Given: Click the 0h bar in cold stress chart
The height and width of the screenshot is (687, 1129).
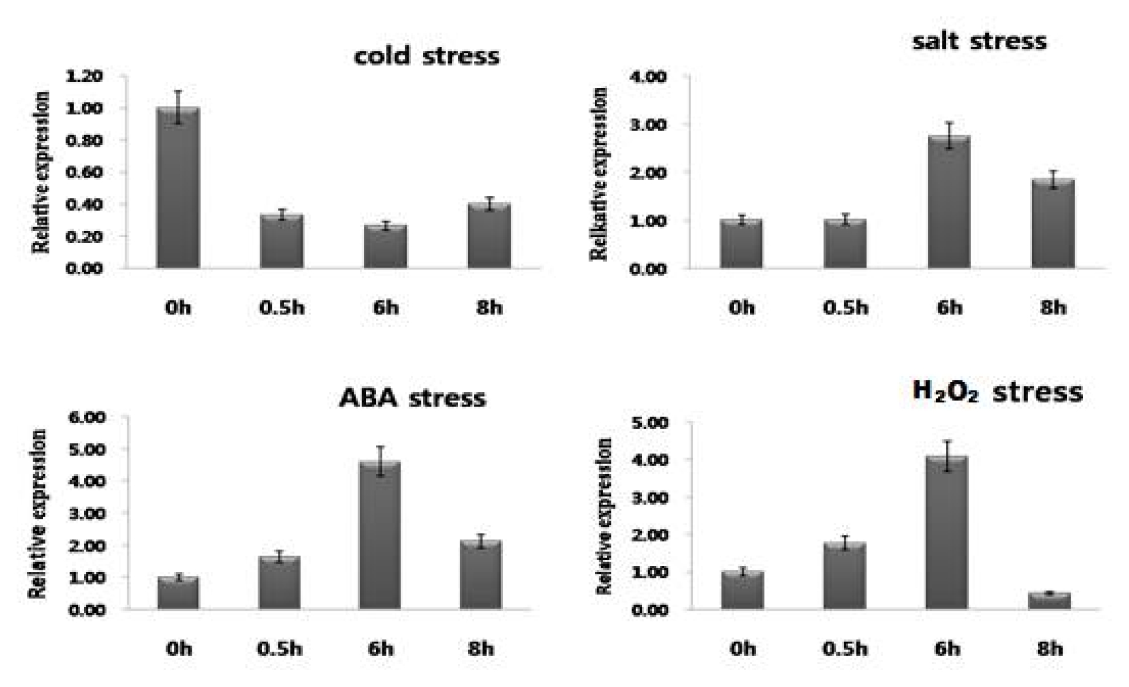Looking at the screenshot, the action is pyautogui.click(x=178, y=188).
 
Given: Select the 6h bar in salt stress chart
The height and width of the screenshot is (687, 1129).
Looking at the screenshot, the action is pyautogui.click(x=949, y=202).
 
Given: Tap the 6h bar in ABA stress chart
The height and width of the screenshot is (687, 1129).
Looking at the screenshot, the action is pyautogui.click(x=380, y=535).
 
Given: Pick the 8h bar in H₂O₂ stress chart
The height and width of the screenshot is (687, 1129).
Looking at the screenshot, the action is pyautogui.click(x=1049, y=601).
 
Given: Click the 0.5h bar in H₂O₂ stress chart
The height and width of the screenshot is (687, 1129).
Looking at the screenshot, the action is pyautogui.click(x=845, y=575).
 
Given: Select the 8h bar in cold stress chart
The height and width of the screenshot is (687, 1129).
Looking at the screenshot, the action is pyautogui.click(x=489, y=236).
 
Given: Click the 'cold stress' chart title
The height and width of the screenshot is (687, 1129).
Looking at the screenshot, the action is pyautogui.click(x=426, y=57).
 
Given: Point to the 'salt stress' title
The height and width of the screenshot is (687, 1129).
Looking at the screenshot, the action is pyautogui.click(x=979, y=41).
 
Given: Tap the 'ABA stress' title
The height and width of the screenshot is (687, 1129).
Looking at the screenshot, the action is pyautogui.click(x=413, y=398).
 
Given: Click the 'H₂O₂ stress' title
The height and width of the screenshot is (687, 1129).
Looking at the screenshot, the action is pyautogui.click(x=998, y=392).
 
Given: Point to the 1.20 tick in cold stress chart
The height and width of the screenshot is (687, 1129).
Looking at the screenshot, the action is pyautogui.click(x=84, y=76).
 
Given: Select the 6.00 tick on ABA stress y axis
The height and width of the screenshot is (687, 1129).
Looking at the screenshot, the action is pyautogui.click(x=87, y=417).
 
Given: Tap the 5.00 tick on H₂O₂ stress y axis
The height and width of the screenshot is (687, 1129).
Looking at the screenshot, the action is pyautogui.click(x=651, y=423).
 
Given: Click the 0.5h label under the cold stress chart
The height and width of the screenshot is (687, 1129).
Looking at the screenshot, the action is pyautogui.click(x=282, y=308).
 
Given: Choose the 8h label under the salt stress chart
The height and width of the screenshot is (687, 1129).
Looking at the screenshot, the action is pyautogui.click(x=1053, y=308).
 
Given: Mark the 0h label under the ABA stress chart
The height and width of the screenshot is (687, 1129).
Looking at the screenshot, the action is pyautogui.click(x=179, y=649).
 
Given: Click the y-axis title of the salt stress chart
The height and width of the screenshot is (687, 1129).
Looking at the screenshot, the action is pyautogui.click(x=599, y=173).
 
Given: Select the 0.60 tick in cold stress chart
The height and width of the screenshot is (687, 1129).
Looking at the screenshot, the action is pyautogui.click(x=84, y=173).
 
